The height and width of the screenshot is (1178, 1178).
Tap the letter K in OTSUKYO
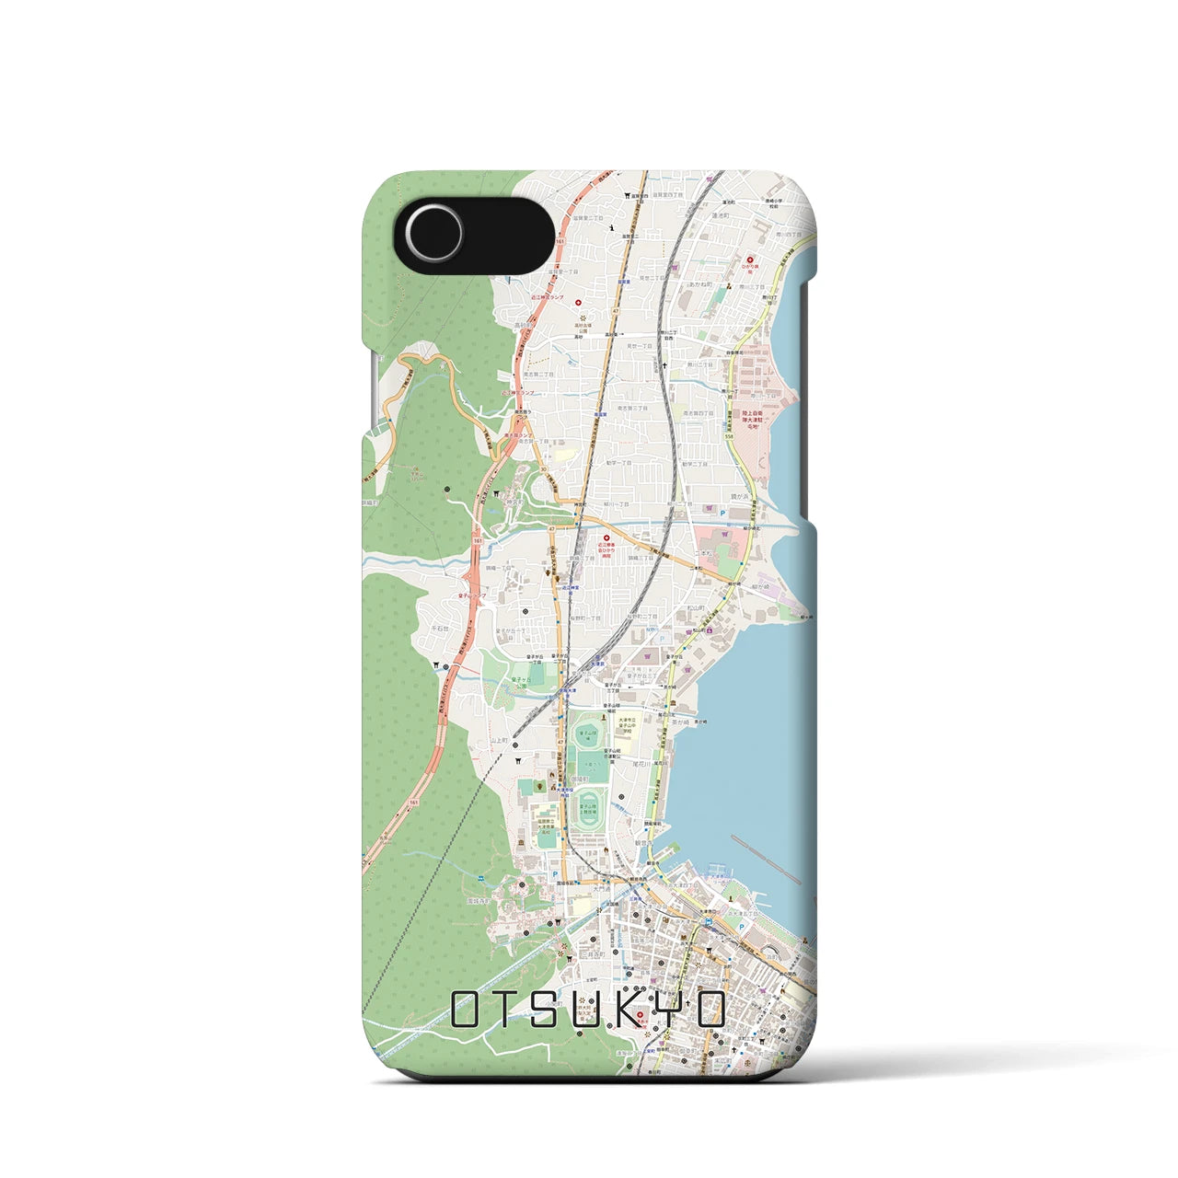click(625, 1010)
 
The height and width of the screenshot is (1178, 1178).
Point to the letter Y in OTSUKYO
click(667, 1010)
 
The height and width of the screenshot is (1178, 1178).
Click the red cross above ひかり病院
click(750, 260)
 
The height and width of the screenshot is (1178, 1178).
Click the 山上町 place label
click(500, 739)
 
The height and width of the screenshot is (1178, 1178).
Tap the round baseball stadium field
click(585, 736)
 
